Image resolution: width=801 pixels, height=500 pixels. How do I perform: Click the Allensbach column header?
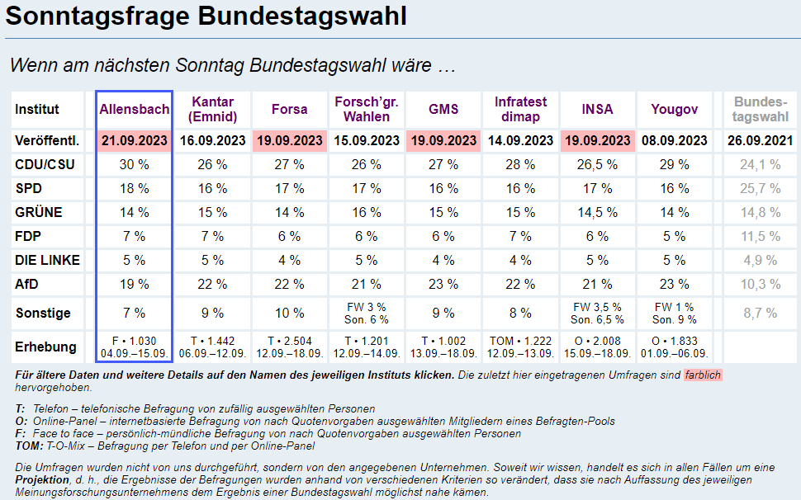tap(134, 109)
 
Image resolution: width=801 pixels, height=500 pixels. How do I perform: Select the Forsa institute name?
tap(289, 109)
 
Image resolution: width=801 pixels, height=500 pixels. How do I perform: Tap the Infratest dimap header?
tap(520, 109)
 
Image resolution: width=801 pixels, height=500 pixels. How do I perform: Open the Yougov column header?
tap(674, 109)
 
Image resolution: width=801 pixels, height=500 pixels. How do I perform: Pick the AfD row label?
tap(27, 285)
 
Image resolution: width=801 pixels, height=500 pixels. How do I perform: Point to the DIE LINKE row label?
tap(47, 261)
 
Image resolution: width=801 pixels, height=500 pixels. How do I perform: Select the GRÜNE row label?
tap(38, 213)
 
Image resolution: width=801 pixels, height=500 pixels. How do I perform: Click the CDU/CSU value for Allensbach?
tap(134, 165)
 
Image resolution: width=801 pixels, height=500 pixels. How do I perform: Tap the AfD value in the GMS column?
tap(443, 285)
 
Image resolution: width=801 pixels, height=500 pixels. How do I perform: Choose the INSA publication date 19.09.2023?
tap(597, 141)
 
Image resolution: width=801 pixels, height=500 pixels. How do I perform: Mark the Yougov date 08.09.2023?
tap(674, 141)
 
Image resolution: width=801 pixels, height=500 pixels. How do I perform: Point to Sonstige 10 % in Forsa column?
tap(289, 314)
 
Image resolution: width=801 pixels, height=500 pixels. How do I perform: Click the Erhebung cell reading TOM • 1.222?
tap(520, 342)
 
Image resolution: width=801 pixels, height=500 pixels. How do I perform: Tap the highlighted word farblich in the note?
tap(702, 375)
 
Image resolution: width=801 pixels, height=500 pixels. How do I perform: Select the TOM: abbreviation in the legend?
tap(29, 446)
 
